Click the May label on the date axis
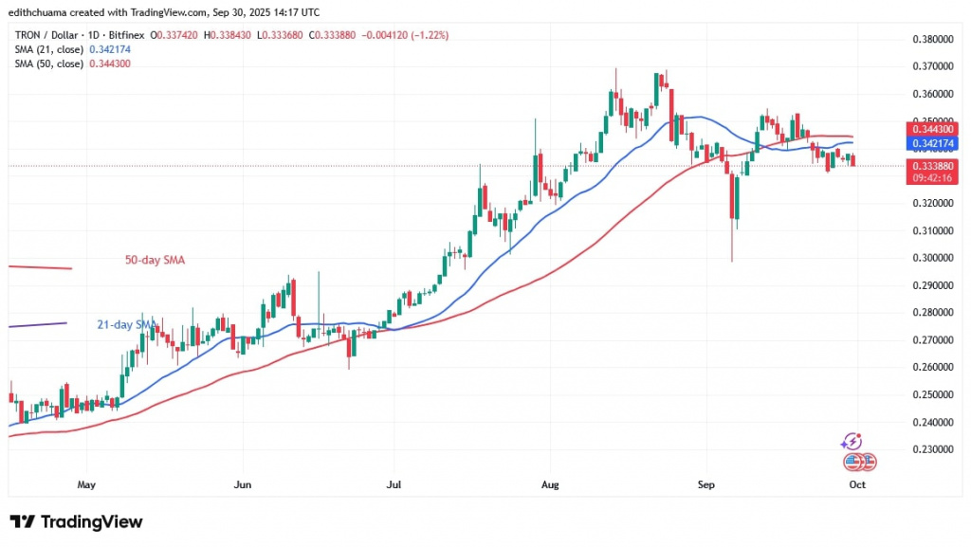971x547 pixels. click(86, 483)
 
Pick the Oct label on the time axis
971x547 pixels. click(857, 483)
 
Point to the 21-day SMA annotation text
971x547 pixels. click(125, 325)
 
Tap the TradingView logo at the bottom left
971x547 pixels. click(76, 521)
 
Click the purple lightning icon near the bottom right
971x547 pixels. click(852, 441)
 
